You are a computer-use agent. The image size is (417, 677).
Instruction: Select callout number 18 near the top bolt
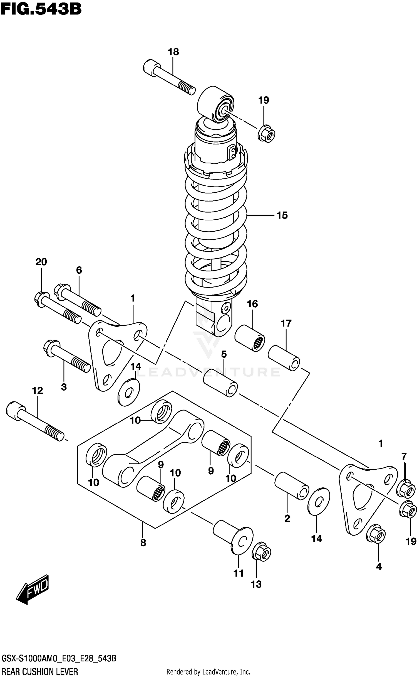[173, 52]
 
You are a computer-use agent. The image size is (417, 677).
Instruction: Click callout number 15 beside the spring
[282, 215]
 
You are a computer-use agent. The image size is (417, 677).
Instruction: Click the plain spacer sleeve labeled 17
[284, 358]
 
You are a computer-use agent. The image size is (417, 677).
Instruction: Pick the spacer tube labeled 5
[220, 382]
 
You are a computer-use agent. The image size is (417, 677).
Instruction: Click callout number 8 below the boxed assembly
[143, 543]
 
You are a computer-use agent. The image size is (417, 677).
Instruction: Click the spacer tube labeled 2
[292, 486]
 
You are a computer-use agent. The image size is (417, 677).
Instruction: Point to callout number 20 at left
[41, 262]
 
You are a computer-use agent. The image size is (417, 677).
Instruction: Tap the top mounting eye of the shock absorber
[216, 104]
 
